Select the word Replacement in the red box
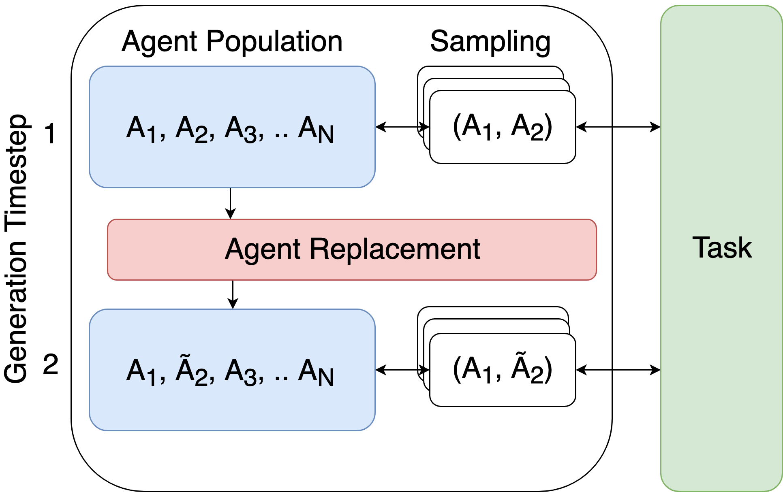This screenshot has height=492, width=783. [395, 249]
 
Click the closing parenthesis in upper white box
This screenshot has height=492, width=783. [548, 126]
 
